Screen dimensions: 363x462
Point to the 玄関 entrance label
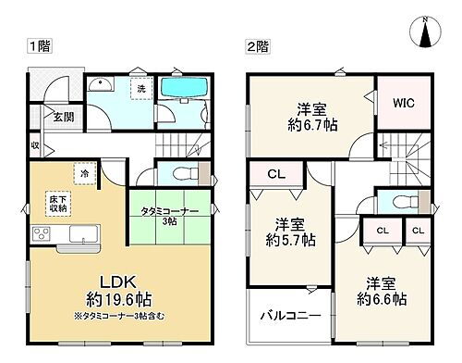[x=62, y=117]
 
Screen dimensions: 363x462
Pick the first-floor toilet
[x=176, y=173]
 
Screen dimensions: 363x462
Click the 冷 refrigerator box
[x=84, y=173]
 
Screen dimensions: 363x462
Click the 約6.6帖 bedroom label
[x=382, y=291]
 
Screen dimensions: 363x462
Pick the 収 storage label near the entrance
[x=34, y=145]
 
